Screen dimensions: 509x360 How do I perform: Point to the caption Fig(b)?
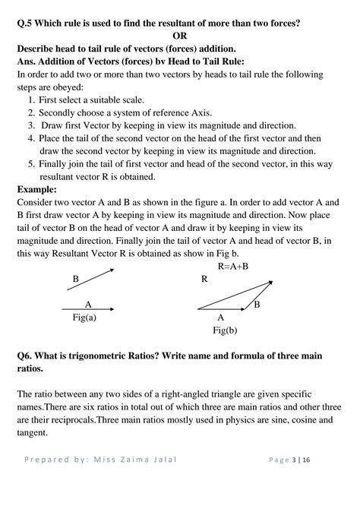coord(226,330)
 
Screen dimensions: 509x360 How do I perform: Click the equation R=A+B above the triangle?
coord(233,267)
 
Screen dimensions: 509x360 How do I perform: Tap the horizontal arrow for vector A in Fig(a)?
coord(87,308)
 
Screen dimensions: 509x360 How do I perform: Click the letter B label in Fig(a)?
coord(75,280)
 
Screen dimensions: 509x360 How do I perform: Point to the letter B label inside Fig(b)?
coord(257,304)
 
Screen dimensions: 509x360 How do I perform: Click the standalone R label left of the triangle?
coord(204,280)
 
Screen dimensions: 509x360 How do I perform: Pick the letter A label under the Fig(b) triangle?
coord(221,318)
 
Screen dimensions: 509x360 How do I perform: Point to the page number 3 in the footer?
coord(316,481)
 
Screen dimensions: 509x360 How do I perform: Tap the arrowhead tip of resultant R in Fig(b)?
coord(272,281)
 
